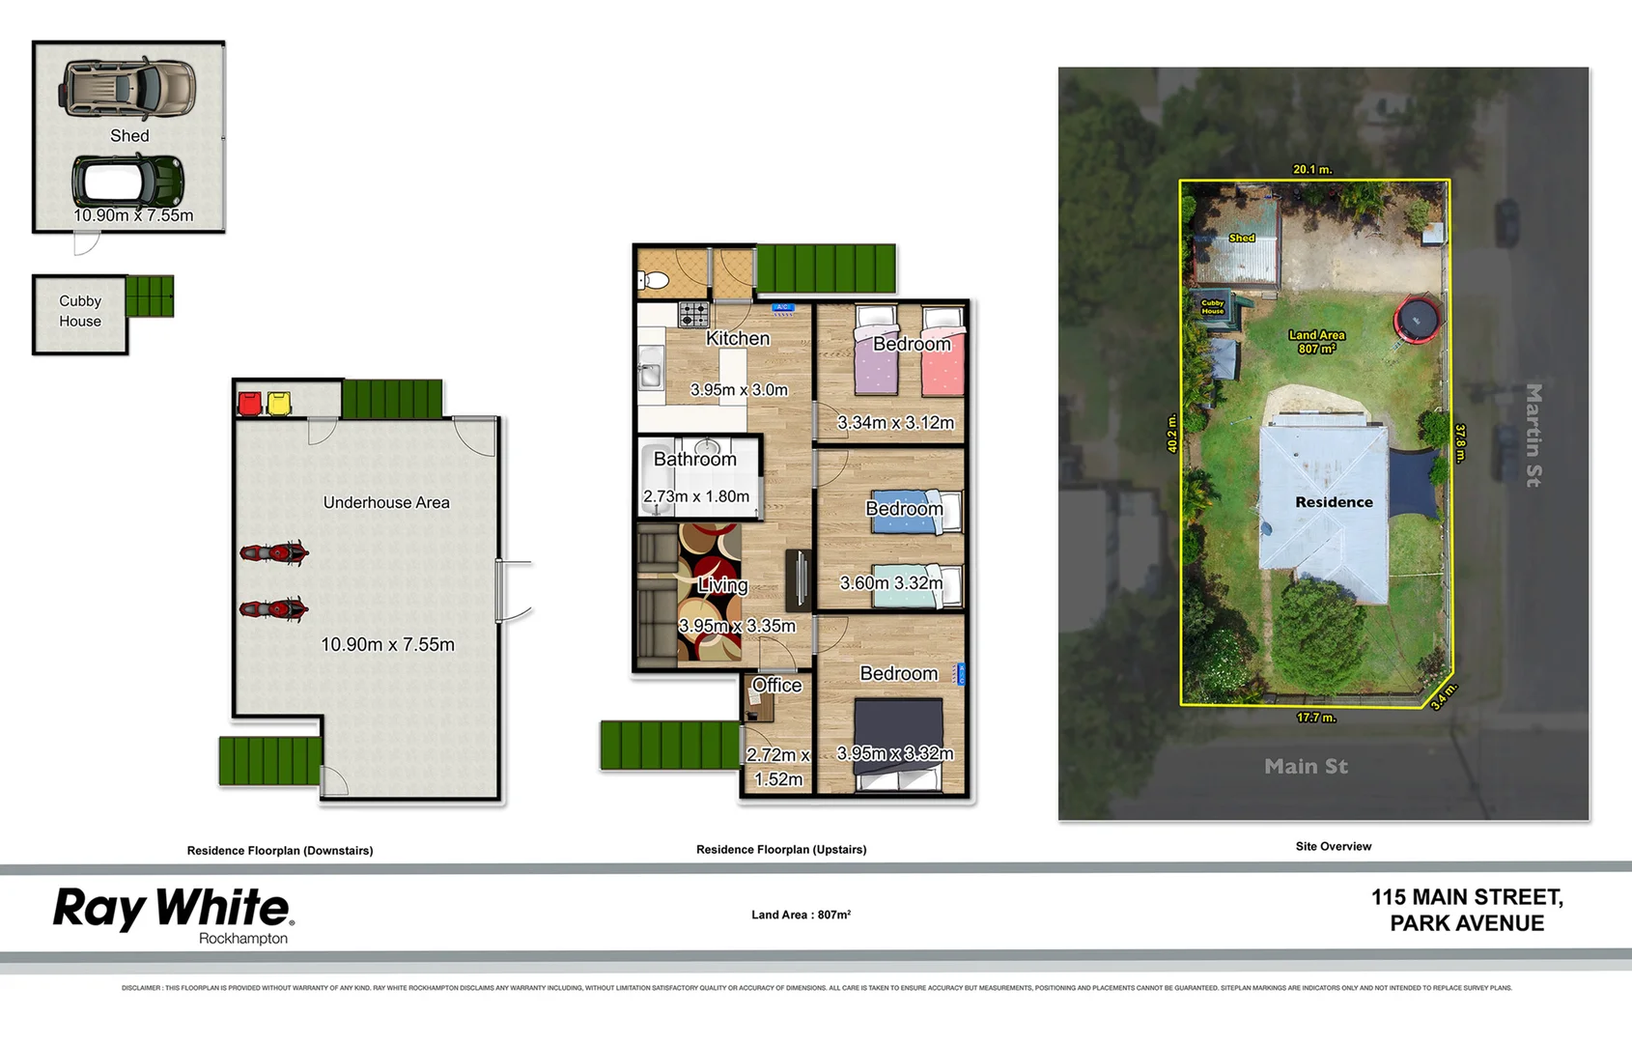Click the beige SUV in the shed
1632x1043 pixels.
coord(128,88)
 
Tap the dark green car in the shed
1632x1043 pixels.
coord(127,181)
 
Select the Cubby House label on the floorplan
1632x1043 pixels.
coord(79,311)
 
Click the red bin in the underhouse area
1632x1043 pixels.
coord(249,403)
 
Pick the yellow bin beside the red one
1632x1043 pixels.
coord(278,403)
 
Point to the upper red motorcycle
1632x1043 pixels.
coord(273,553)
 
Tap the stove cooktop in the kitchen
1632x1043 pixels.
coord(693,314)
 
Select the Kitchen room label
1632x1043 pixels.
coord(738,339)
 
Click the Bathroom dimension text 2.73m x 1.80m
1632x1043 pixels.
coord(696,496)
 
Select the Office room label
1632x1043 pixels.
coord(776,686)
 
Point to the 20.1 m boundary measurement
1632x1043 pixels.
coord(1312,169)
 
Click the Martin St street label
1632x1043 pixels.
coord(1533,435)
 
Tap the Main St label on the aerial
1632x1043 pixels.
coord(1306,767)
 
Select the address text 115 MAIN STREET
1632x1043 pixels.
coord(1466,897)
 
